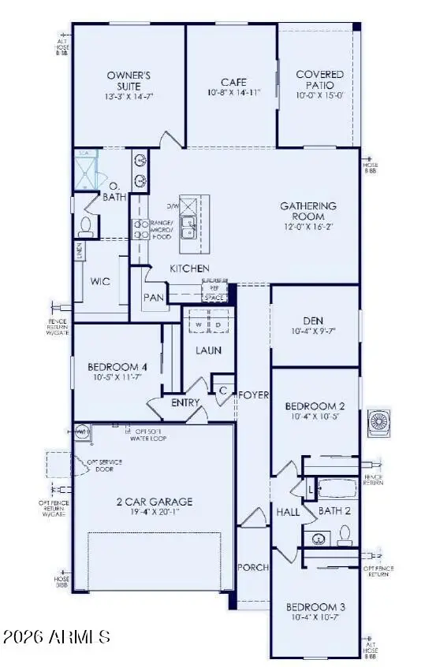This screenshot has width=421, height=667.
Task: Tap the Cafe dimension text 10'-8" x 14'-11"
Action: (x=233, y=92)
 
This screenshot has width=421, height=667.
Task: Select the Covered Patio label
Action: (x=319, y=80)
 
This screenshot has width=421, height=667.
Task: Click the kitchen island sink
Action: (x=188, y=228)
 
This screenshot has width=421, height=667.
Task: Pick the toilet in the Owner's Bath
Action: (x=85, y=226)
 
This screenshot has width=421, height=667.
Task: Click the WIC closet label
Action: (x=100, y=280)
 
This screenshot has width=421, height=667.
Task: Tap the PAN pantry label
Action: (x=152, y=298)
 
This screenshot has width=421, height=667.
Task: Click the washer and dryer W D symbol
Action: (x=209, y=323)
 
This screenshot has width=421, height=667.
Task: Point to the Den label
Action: (x=314, y=321)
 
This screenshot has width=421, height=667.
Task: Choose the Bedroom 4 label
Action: (x=117, y=366)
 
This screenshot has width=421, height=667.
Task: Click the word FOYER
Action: (x=254, y=395)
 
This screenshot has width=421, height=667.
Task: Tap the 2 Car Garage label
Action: (x=154, y=501)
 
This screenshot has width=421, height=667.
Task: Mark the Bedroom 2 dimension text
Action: (x=314, y=416)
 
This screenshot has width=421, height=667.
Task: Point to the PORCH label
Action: (x=252, y=567)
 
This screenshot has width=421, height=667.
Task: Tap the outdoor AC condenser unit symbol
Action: (x=379, y=422)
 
